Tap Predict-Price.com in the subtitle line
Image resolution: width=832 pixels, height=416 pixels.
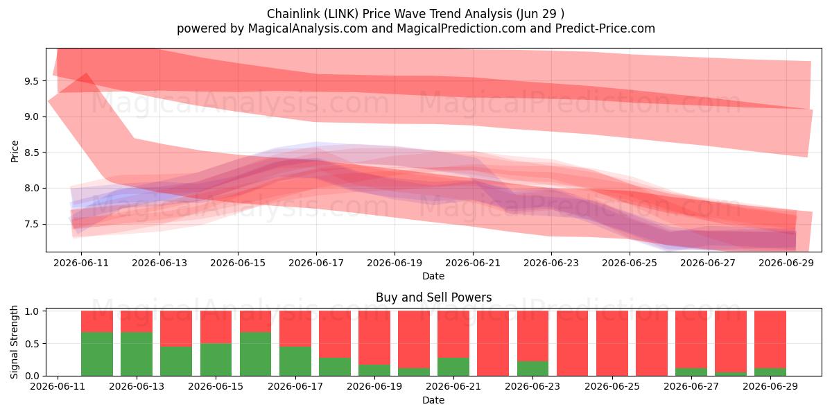(605, 28)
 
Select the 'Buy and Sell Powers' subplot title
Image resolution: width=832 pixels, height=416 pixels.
(433, 297)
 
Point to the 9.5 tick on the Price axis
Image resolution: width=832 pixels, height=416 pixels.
(31, 81)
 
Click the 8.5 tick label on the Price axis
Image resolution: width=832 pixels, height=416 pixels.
(31, 153)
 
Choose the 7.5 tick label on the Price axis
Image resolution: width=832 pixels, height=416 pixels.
(31, 225)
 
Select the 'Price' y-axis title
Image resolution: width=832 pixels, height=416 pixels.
(15, 151)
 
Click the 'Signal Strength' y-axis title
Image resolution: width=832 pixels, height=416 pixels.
(14, 342)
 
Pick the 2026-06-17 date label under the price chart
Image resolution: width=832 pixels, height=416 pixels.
(316, 263)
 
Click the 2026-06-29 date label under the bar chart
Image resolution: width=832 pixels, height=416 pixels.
(770, 386)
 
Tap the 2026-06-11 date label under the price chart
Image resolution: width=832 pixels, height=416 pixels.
(81, 263)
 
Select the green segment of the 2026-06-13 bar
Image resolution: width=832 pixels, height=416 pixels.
(137, 354)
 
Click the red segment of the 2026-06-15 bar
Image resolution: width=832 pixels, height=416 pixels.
(216, 327)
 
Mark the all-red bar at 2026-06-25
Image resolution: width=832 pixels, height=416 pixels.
(612, 343)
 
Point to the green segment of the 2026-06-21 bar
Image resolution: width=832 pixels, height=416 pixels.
(453, 367)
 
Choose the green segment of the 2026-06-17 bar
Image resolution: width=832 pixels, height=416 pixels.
(295, 361)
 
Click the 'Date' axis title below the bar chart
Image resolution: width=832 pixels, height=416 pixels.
(433, 400)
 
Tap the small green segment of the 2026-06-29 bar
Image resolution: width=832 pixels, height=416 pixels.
(770, 372)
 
